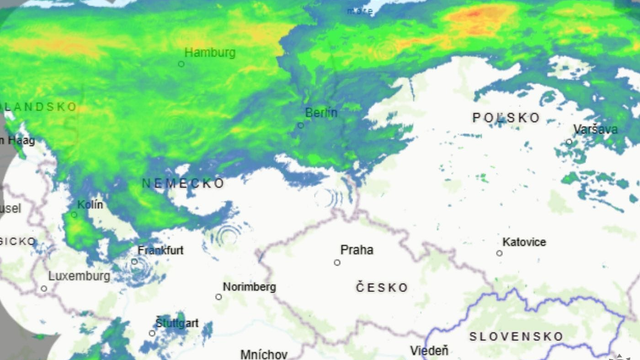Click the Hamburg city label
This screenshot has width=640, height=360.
click(x=210, y=52)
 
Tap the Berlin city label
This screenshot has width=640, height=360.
click(x=321, y=113)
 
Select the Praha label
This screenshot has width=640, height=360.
click(x=356, y=250)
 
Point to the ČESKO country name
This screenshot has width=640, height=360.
click(x=382, y=287)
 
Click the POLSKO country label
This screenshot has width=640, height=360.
click(x=506, y=118)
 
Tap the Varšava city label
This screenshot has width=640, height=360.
click(x=595, y=130)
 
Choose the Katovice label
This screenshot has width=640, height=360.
click(x=524, y=242)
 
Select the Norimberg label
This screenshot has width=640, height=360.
click(x=249, y=287)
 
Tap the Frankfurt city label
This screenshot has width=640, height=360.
click(x=161, y=250)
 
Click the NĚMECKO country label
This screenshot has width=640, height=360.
click(x=183, y=184)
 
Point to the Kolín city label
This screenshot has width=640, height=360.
click(x=90, y=205)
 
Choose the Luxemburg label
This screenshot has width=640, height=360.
click(x=79, y=276)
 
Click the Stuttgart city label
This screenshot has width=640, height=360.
click(x=177, y=323)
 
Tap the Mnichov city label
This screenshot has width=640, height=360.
click(x=264, y=354)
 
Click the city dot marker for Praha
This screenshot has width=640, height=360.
click(x=337, y=263)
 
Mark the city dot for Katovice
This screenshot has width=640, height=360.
click(x=499, y=253)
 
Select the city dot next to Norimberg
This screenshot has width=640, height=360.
click(x=219, y=297)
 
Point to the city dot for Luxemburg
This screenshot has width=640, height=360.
click(x=44, y=289)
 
